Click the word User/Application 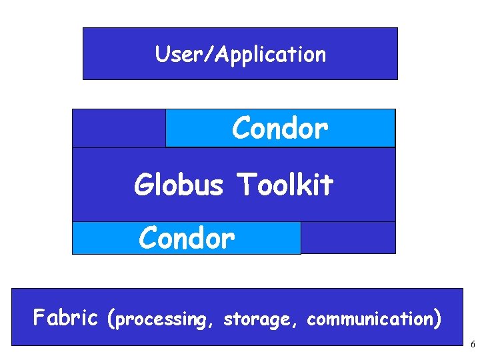click(241, 54)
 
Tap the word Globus click(178, 185)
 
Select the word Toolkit click(285, 185)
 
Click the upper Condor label click(280, 128)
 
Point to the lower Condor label click(187, 238)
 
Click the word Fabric click(65, 318)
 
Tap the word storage click(261, 319)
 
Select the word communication click(370, 319)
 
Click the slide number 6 click(472, 345)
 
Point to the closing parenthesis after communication click(437, 319)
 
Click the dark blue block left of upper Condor click(119, 128)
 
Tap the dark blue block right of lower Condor click(347, 238)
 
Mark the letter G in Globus click(143, 185)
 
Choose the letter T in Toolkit click(244, 185)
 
